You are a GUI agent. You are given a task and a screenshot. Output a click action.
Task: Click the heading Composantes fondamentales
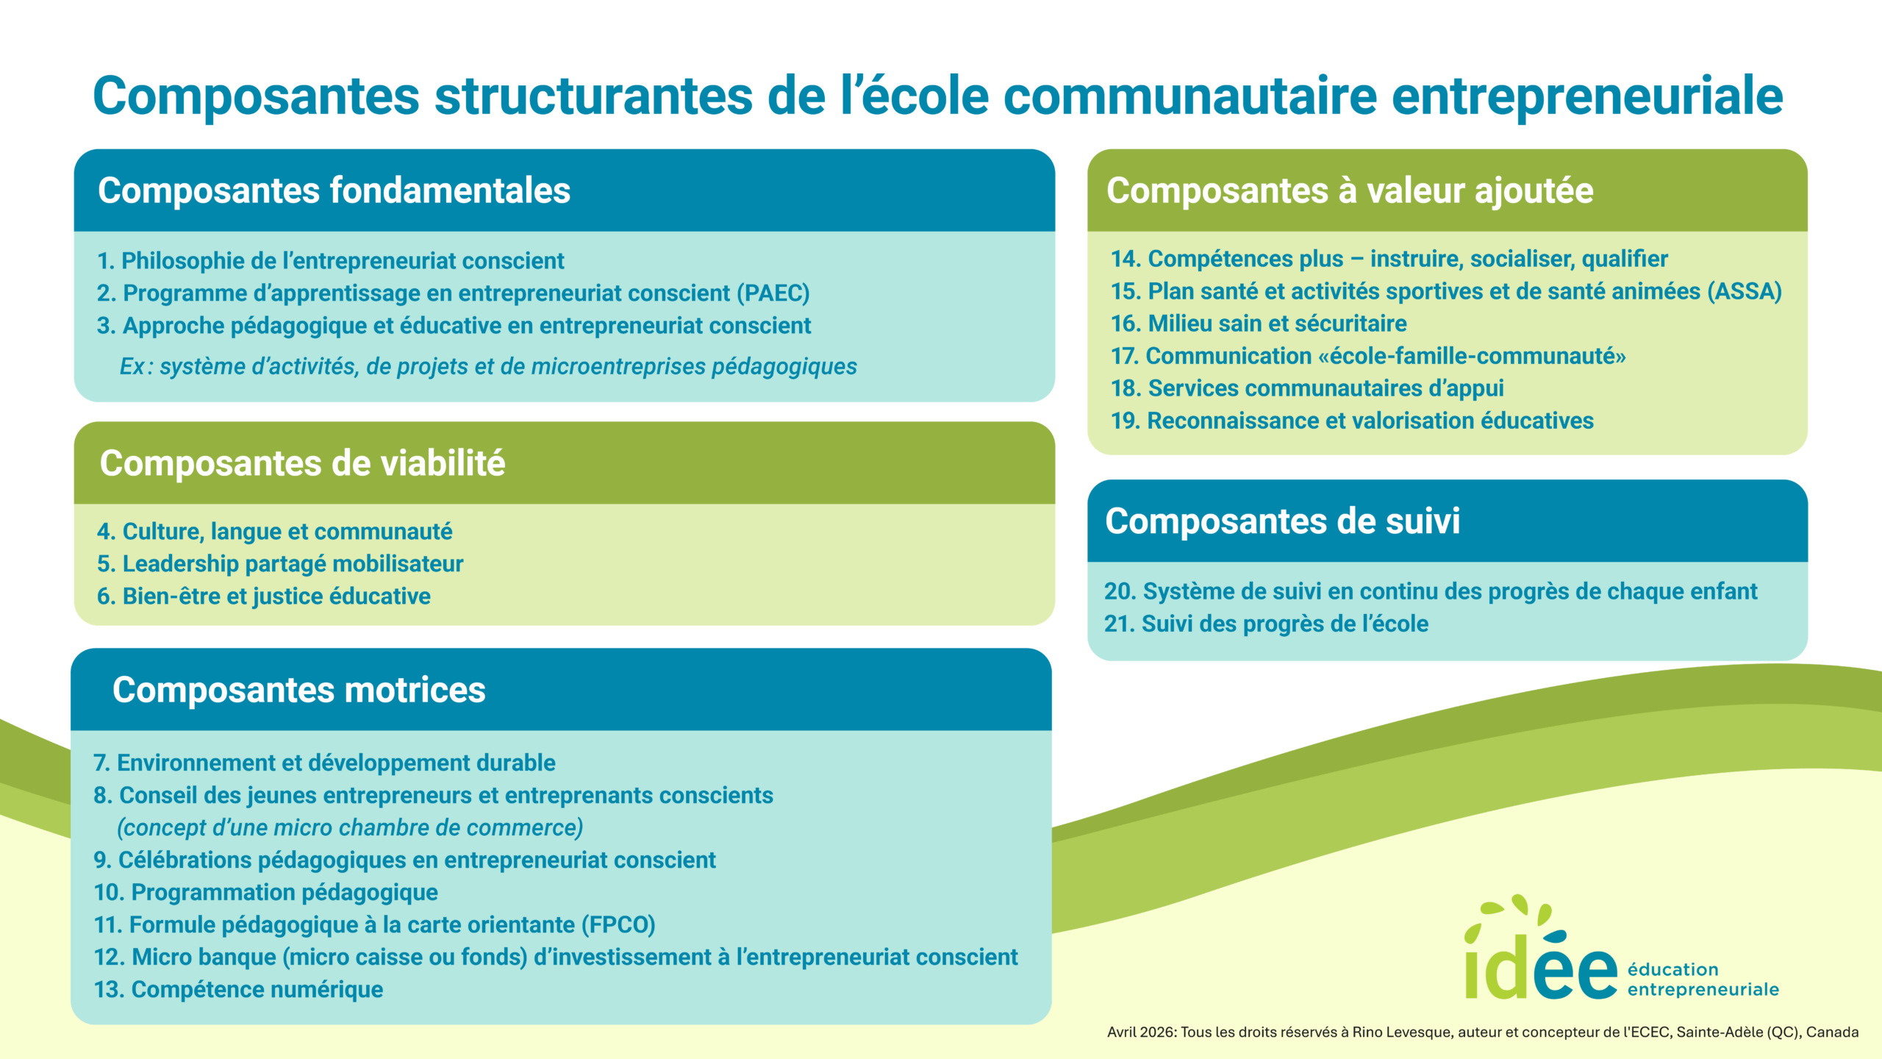tap(334, 191)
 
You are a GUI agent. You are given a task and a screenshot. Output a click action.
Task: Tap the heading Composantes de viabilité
tap(302, 463)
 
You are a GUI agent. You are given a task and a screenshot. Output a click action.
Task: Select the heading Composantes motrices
tap(298, 690)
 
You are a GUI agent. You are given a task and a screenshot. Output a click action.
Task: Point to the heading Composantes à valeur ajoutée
tap(1350, 191)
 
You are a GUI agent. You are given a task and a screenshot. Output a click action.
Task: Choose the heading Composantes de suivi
tap(1282, 521)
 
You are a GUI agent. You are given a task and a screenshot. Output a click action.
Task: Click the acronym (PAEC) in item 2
tap(773, 293)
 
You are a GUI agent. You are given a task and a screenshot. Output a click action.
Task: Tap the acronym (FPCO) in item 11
tap(618, 925)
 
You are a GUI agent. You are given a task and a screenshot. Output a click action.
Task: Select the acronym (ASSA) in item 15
tap(1745, 292)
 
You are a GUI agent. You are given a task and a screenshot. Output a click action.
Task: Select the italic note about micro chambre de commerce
tap(350, 828)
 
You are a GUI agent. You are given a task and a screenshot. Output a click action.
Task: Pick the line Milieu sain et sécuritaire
tap(1259, 324)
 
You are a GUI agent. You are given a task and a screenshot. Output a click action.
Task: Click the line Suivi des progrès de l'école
tap(1266, 624)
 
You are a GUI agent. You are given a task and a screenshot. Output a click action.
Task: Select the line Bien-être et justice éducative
tap(263, 596)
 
